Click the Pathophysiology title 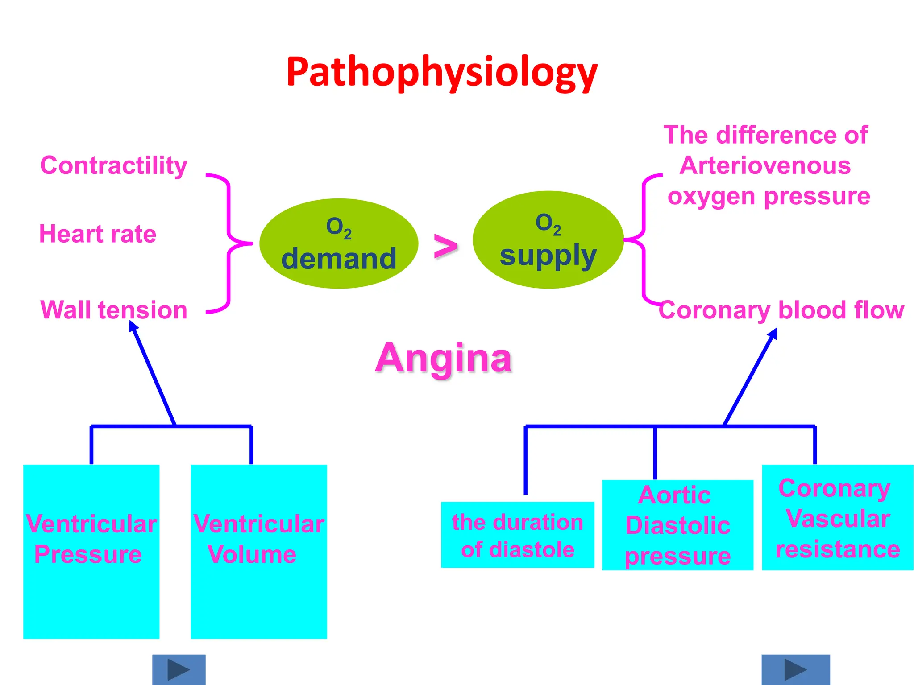click(x=442, y=72)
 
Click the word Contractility click(x=114, y=166)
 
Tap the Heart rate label click(x=98, y=234)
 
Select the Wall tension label click(x=114, y=310)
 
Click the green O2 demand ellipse click(x=339, y=243)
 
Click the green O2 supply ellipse click(x=548, y=240)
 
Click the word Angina click(x=444, y=358)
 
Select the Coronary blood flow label click(x=781, y=310)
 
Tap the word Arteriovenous click(x=765, y=166)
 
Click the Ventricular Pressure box click(x=91, y=551)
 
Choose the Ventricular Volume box click(x=259, y=551)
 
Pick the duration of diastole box click(x=518, y=535)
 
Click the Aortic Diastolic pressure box click(x=677, y=525)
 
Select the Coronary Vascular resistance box click(x=837, y=517)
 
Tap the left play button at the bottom click(x=179, y=669)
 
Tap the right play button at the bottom click(x=795, y=669)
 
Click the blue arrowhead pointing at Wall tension click(x=133, y=326)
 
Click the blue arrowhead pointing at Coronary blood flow click(x=773, y=334)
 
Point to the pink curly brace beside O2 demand click(x=229, y=243)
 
